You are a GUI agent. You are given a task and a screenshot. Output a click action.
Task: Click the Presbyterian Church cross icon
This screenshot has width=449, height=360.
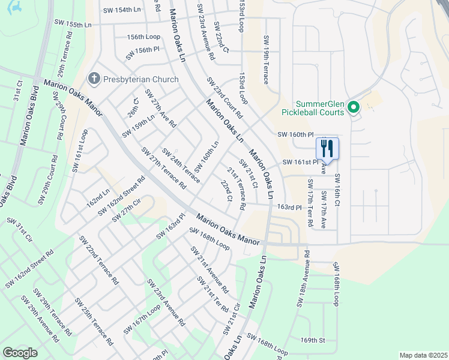coord(93,79)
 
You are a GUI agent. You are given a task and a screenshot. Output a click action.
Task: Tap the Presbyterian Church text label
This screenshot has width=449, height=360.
coord(140,79)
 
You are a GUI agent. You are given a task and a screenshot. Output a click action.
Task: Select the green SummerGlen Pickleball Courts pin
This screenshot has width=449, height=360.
coord(354,108)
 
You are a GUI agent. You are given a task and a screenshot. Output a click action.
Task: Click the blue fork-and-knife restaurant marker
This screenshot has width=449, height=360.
coord(327,148)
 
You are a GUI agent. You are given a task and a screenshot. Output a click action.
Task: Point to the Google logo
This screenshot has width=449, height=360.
coord(20,352)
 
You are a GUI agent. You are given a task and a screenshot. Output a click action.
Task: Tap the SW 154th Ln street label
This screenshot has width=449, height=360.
coord(121,10)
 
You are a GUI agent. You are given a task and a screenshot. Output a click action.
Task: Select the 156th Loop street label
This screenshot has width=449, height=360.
coord(143,37)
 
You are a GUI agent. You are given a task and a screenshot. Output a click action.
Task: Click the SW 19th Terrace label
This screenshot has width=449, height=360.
coord(265,59)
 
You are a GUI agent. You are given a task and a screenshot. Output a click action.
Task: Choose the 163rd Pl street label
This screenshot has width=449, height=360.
coord(289,207)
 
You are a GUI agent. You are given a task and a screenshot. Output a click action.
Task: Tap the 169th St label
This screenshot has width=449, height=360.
coord(313,340)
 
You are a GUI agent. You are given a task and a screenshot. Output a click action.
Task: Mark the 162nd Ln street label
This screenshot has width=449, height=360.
coord(98,198)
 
